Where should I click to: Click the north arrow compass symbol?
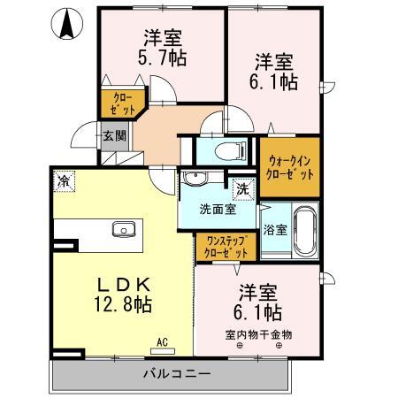tap(66, 25)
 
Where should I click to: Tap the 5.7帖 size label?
tap(163, 60)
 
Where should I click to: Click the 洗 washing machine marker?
tap(241, 188)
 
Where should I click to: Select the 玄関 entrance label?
tap(113, 136)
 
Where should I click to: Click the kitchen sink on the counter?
tap(123, 230)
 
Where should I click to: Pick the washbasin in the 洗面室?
tap(194, 180)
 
